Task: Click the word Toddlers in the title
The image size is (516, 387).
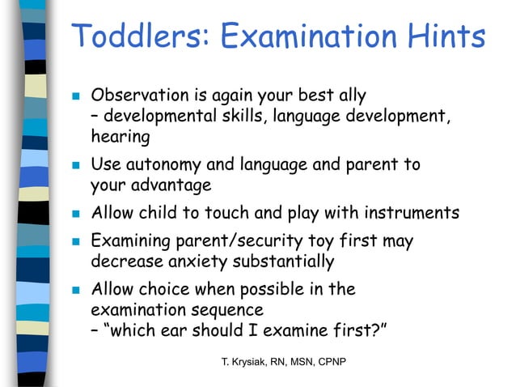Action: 138,36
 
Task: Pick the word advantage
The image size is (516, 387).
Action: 171,186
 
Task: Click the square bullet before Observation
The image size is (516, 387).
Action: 74,96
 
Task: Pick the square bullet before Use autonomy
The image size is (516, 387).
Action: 74,166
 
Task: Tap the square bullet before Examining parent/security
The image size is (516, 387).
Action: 74,241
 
